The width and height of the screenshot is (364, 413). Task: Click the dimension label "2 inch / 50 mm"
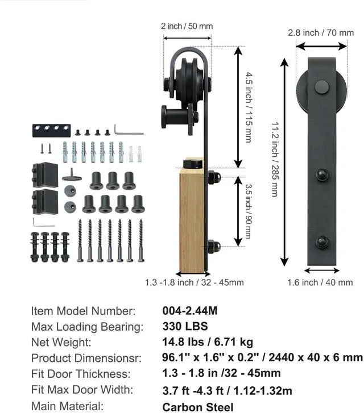point(187,26)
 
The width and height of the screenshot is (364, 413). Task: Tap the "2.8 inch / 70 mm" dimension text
point(321,32)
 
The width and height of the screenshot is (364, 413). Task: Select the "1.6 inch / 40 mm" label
point(320,282)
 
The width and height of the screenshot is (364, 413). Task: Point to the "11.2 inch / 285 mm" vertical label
point(275,159)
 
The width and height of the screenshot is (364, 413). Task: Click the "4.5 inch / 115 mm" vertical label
point(249,108)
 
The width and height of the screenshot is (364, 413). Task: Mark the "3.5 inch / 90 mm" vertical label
point(248,211)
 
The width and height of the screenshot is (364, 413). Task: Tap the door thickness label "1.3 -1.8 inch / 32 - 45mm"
point(195,282)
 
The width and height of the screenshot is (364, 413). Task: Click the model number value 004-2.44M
point(190,311)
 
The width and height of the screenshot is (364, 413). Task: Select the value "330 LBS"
point(185,326)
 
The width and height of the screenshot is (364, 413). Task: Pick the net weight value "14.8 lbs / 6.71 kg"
point(208,342)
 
